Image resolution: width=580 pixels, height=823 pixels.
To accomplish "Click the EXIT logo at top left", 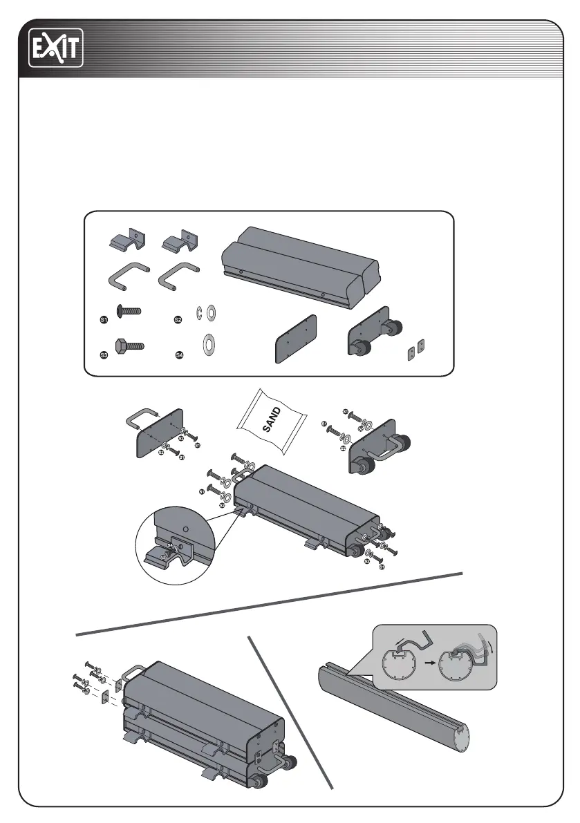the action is click(x=55, y=48).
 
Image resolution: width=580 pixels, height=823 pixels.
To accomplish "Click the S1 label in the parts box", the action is click(x=104, y=321).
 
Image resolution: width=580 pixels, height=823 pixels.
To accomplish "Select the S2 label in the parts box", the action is click(x=178, y=320).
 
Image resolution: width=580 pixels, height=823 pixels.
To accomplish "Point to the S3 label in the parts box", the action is click(x=104, y=354).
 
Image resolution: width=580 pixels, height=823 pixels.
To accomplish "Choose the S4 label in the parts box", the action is click(x=178, y=355).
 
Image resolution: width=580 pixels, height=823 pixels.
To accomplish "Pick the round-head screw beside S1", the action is click(x=129, y=311).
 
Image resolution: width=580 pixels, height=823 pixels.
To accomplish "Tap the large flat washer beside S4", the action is click(x=207, y=343).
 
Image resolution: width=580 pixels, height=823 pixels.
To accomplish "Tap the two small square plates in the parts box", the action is click(x=415, y=350).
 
